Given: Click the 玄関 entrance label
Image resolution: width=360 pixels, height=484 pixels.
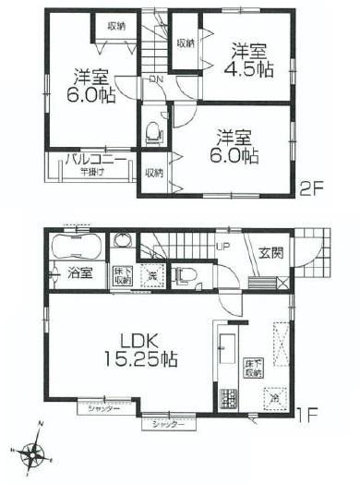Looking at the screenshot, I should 271,252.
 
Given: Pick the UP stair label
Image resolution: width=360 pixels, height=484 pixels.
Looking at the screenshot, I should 222,247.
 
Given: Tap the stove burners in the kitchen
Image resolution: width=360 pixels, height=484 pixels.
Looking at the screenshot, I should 226,398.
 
